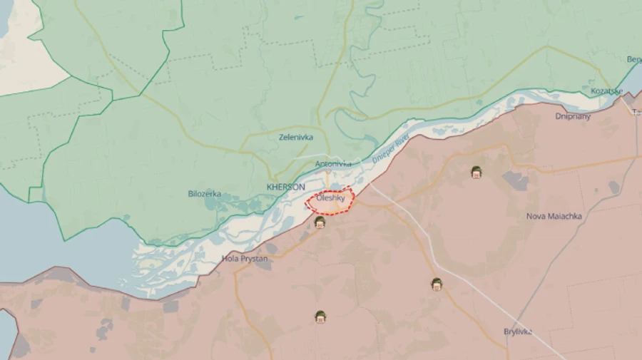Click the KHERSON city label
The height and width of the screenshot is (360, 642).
click(x=285, y=187)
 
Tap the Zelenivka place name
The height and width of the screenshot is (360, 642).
click(x=296, y=137)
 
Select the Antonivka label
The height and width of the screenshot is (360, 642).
click(x=333, y=164)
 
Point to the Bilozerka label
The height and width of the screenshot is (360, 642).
click(x=204, y=193)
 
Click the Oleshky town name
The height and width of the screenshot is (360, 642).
click(x=331, y=197)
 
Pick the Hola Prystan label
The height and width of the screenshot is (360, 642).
click(x=245, y=259)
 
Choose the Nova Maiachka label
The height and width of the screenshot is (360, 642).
click(x=554, y=216)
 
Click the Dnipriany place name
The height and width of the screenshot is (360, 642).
click(x=573, y=116)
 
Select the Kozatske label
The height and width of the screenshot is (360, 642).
click(x=606, y=91)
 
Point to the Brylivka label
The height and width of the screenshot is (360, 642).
click(x=518, y=331)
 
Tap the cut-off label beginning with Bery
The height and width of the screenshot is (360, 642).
click(x=633, y=59)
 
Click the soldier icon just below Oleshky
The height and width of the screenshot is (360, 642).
click(x=320, y=222)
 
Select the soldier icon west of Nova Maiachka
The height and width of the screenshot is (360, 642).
click(x=476, y=172)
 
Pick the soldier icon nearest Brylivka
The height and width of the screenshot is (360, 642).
click(x=437, y=284)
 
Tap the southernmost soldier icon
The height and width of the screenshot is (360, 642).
click(x=320, y=317)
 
